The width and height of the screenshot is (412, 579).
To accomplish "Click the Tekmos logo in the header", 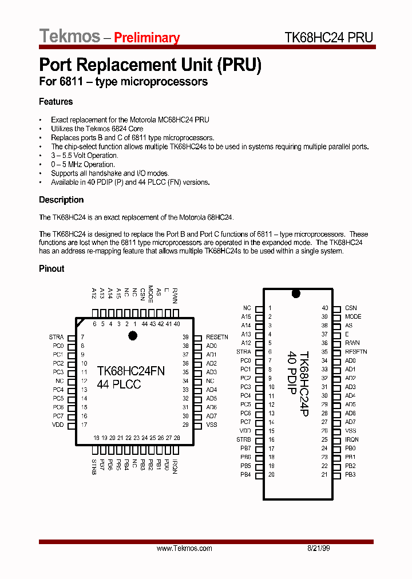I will tap(69, 36).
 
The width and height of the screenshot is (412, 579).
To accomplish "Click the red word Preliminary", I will tap(146, 38).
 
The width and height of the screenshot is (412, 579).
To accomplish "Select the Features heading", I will tap(56, 102).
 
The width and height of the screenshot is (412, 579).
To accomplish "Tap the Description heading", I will tap(61, 200).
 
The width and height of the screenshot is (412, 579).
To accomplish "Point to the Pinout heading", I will tap(51, 268).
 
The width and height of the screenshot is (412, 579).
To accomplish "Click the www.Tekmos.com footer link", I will tap(184, 548).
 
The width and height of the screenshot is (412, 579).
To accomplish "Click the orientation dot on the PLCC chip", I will tap(133, 336).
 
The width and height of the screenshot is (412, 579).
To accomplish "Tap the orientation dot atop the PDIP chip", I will tap(296, 294).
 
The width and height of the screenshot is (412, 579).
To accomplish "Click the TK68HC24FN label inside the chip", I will tap(130, 371).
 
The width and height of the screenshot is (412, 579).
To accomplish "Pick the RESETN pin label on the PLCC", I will tap(217, 338).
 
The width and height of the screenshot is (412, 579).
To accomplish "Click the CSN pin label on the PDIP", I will tap(351, 308).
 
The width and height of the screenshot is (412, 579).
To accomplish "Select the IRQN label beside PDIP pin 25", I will tap(352, 439).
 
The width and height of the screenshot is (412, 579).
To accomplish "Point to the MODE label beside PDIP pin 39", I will tap(353, 316).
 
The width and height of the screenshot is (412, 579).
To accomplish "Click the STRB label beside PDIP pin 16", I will tap(244, 439).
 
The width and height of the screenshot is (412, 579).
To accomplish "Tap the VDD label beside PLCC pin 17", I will tap(58, 425).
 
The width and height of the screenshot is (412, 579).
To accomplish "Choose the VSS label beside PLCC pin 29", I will tap(212, 425).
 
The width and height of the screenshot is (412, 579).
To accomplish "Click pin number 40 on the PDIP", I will tap(324, 308).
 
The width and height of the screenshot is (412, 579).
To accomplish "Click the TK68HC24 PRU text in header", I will tap(328, 37).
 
